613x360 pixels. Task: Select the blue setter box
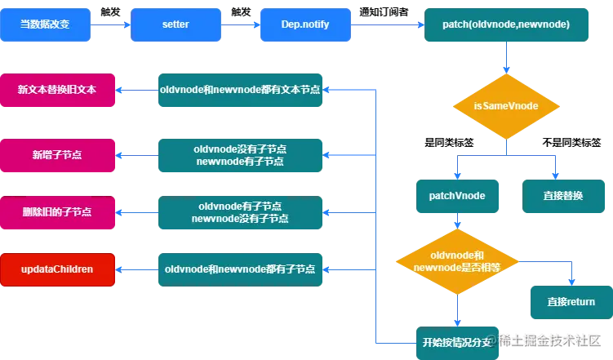point(175,24)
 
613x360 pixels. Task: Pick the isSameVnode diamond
point(506,107)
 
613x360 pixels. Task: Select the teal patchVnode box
point(456,196)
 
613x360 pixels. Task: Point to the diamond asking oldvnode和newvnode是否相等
point(457,262)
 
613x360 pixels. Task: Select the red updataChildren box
point(57,269)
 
